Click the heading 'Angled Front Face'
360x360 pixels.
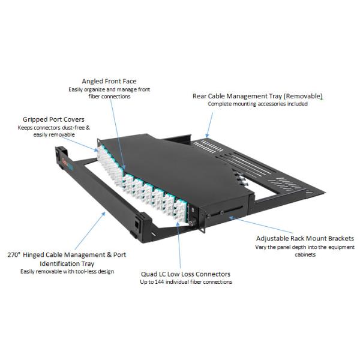click(109, 81)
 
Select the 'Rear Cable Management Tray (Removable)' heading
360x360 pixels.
click(257, 96)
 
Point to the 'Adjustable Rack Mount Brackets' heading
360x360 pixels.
click(305, 238)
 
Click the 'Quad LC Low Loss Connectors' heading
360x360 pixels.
click(186, 273)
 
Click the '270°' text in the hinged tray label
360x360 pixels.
click(16, 254)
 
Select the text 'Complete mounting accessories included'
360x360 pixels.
click(257, 104)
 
